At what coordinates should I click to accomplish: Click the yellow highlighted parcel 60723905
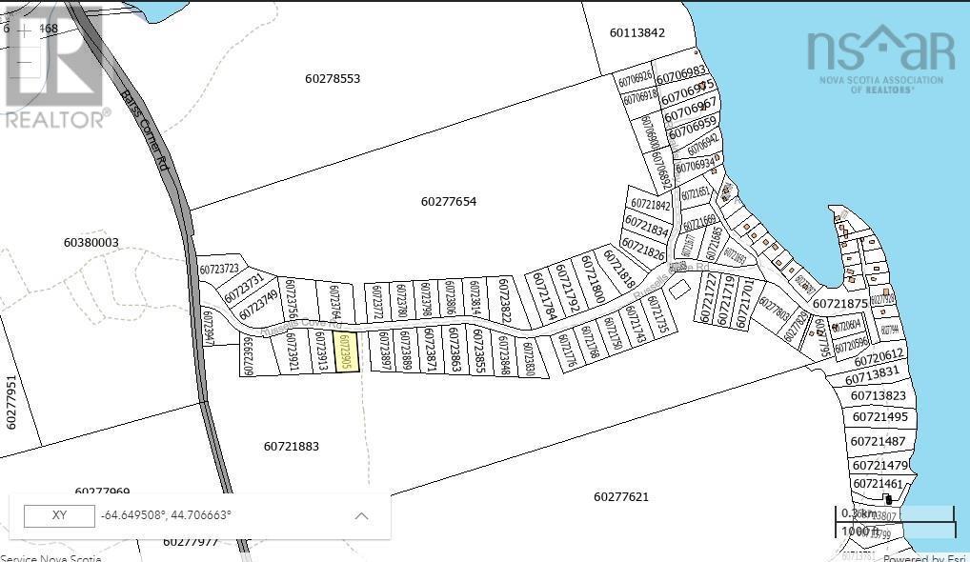(x=347, y=351)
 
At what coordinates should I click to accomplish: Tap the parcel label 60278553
(x=333, y=79)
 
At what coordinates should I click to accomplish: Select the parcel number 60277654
(x=448, y=202)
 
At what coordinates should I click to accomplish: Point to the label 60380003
(x=91, y=243)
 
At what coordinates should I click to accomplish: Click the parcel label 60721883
(x=291, y=446)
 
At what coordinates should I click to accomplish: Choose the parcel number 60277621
(x=620, y=496)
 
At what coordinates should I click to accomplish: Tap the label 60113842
(x=637, y=32)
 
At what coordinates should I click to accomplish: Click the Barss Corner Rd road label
(x=145, y=130)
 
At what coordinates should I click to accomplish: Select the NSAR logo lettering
(x=880, y=50)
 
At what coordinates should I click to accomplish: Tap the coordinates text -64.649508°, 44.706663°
(x=166, y=515)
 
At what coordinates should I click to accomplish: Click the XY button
(x=59, y=515)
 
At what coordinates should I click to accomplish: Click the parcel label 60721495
(x=879, y=417)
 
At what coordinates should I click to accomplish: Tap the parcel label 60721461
(x=878, y=484)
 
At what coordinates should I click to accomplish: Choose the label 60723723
(x=218, y=270)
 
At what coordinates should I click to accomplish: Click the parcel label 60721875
(x=839, y=304)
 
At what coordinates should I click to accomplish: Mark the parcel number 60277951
(x=11, y=403)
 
